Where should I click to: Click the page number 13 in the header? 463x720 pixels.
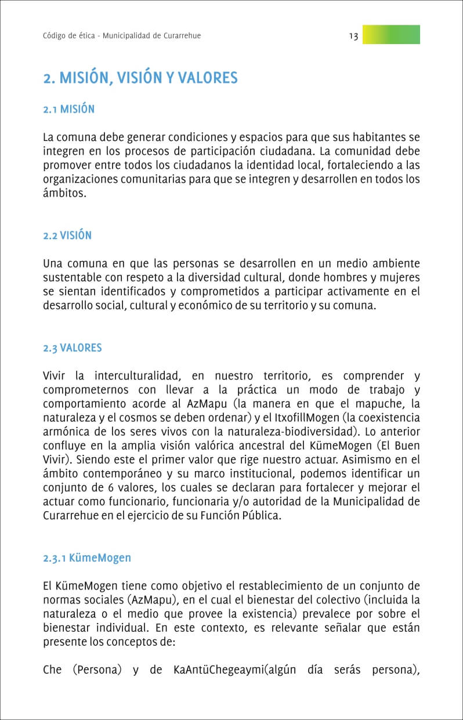353,36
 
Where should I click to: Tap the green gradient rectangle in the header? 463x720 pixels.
391,35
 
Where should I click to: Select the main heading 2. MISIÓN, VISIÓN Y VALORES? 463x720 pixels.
140,78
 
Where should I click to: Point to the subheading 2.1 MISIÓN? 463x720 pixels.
68,109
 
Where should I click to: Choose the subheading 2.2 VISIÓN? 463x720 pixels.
67,236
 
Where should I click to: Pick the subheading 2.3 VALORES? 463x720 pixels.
73,348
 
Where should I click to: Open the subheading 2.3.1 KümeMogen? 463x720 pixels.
87,558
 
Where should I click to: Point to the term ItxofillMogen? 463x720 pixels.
303,417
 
